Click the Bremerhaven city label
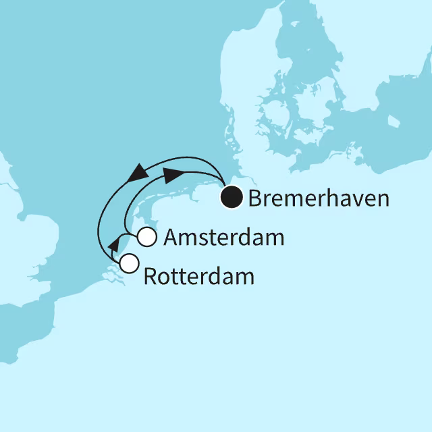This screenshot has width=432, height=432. pos(319,198)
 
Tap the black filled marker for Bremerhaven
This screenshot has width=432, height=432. pos(233,198)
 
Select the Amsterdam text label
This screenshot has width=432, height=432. pos(223,238)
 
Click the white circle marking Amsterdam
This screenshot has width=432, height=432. pos(147,238)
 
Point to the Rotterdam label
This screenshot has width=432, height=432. pos(199,276)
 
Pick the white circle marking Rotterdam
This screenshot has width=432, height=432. pos(128,262)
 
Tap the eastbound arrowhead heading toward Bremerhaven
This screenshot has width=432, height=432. pos(173,175)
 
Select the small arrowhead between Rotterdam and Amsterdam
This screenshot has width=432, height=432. pos(113,244)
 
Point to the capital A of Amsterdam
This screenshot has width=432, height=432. pos(171,238)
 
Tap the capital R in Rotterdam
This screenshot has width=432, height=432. pos(151,276)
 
